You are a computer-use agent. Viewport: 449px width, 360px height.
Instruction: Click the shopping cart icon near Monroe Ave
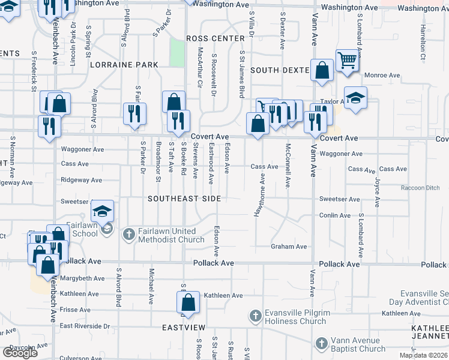[347, 59]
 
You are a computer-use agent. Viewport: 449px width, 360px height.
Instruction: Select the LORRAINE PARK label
[124, 65]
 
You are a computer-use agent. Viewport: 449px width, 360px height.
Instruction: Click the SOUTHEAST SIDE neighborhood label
[184, 199]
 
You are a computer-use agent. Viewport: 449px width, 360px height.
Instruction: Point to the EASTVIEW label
[184, 328]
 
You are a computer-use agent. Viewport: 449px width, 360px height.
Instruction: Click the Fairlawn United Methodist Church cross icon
[128, 235]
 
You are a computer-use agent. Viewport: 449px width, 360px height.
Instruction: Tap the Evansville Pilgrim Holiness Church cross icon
[255, 316]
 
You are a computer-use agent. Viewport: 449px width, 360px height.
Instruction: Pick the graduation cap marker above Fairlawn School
[103, 211]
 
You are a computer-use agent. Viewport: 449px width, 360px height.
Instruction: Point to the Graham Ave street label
[289, 247]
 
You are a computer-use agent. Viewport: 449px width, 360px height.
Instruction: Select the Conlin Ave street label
[335, 215]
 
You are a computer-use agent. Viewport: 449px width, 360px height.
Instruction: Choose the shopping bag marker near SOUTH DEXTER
[322, 70]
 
